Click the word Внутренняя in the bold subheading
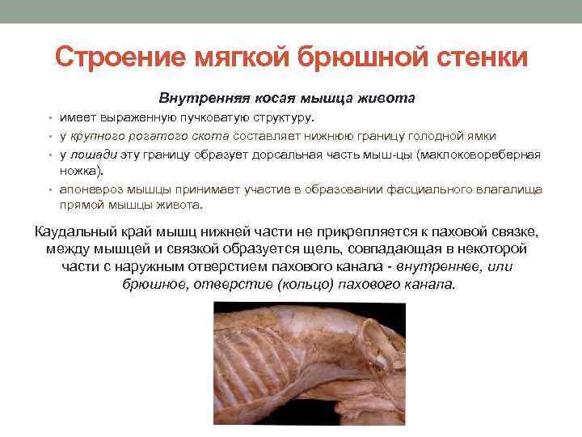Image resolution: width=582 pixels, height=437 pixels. (198, 99)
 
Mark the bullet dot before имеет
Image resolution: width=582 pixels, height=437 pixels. (50, 118)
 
